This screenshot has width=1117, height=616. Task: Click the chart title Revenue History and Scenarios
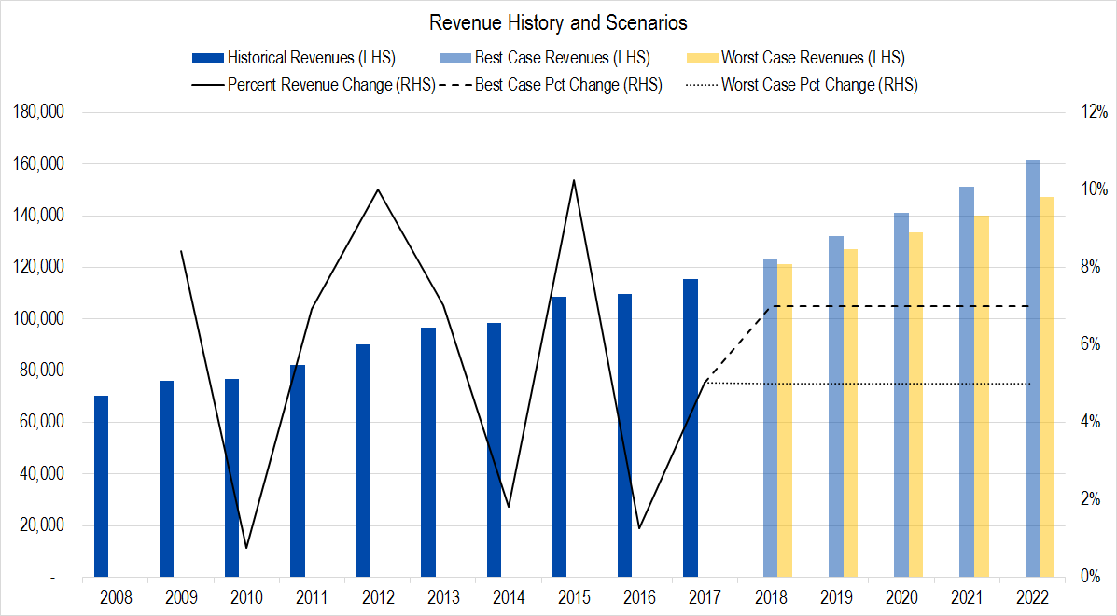click(558, 22)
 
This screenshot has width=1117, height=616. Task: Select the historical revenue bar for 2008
click(101, 486)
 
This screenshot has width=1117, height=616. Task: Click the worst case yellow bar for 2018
click(785, 420)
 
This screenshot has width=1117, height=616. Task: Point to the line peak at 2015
click(574, 180)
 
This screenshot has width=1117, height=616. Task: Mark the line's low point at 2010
click(246, 548)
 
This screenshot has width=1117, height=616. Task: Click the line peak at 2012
click(377, 189)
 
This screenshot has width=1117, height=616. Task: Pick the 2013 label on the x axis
click(442, 596)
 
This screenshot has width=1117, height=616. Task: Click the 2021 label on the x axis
click(966, 596)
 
